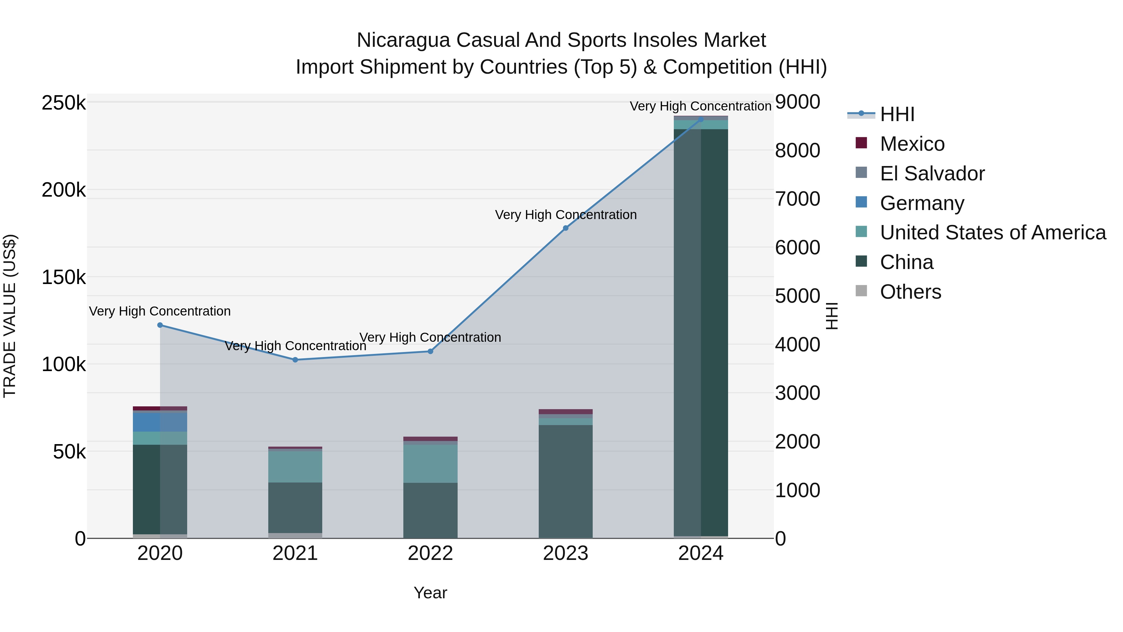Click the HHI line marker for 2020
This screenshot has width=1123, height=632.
(x=160, y=325)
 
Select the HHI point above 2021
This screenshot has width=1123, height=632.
(x=295, y=360)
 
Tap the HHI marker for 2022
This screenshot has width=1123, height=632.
(x=430, y=351)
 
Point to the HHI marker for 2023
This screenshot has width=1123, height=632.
(x=566, y=228)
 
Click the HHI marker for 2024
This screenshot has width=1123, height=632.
(x=701, y=119)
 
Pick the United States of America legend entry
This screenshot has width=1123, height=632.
(x=992, y=233)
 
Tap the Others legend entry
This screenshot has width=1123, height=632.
(x=910, y=292)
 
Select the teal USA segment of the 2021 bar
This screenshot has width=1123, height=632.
(x=295, y=467)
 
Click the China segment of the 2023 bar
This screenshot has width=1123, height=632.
(x=566, y=480)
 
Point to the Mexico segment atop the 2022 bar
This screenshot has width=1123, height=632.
(x=430, y=439)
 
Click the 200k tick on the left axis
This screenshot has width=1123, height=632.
(x=64, y=190)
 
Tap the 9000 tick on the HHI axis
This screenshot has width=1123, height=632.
(x=797, y=102)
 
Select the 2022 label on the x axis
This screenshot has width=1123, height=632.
(x=430, y=553)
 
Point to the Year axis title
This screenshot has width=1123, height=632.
(x=430, y=593)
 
